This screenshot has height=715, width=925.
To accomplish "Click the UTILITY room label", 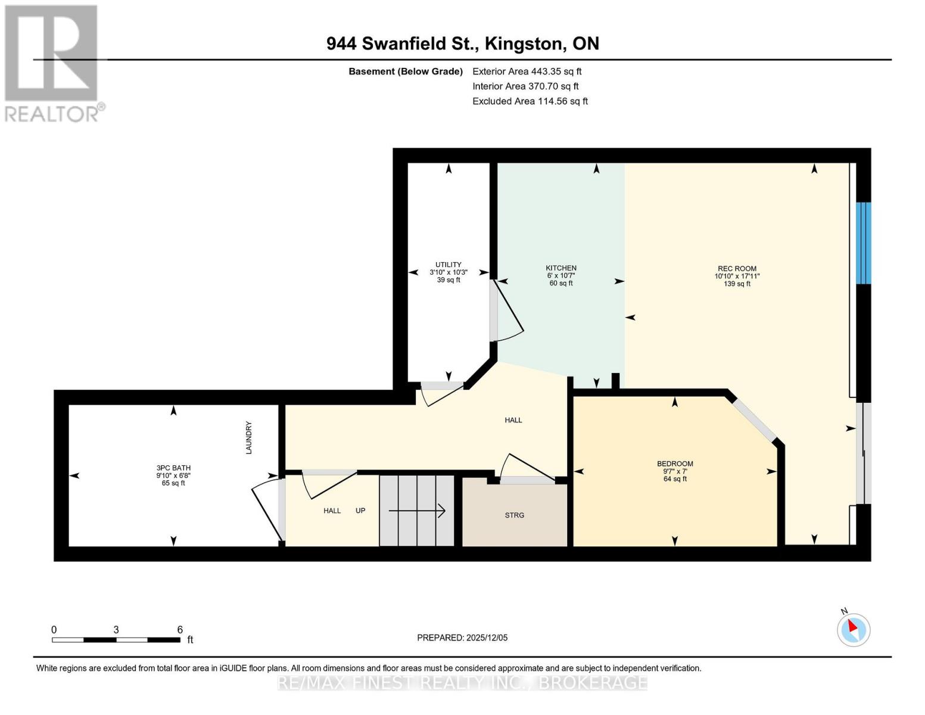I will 448,265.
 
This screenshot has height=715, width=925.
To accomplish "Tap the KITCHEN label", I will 561,268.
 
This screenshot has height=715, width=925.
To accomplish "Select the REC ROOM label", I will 737,269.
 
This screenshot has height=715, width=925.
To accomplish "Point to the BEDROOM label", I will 675,464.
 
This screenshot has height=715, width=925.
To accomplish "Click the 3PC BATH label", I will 173,468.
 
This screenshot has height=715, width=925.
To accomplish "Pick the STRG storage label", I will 515,515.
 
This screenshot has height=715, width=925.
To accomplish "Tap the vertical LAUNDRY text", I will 249,438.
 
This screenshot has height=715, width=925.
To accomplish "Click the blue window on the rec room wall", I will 863,243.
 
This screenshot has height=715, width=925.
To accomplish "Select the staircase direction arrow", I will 417,511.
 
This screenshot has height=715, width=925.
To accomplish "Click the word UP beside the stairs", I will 360,511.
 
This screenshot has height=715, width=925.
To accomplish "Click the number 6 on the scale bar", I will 180,630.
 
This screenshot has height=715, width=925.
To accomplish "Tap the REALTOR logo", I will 52,63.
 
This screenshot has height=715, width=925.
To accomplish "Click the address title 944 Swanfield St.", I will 463,43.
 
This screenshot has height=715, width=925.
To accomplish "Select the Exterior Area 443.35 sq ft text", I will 527,71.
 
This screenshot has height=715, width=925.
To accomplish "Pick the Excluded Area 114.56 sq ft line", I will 530,101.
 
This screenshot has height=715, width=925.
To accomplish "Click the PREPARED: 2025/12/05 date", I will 462,638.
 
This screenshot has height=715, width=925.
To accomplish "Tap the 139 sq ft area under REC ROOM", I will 737,284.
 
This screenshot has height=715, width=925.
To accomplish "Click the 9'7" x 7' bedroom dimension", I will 675,471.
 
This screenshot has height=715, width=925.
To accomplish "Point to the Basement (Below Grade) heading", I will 406,71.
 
